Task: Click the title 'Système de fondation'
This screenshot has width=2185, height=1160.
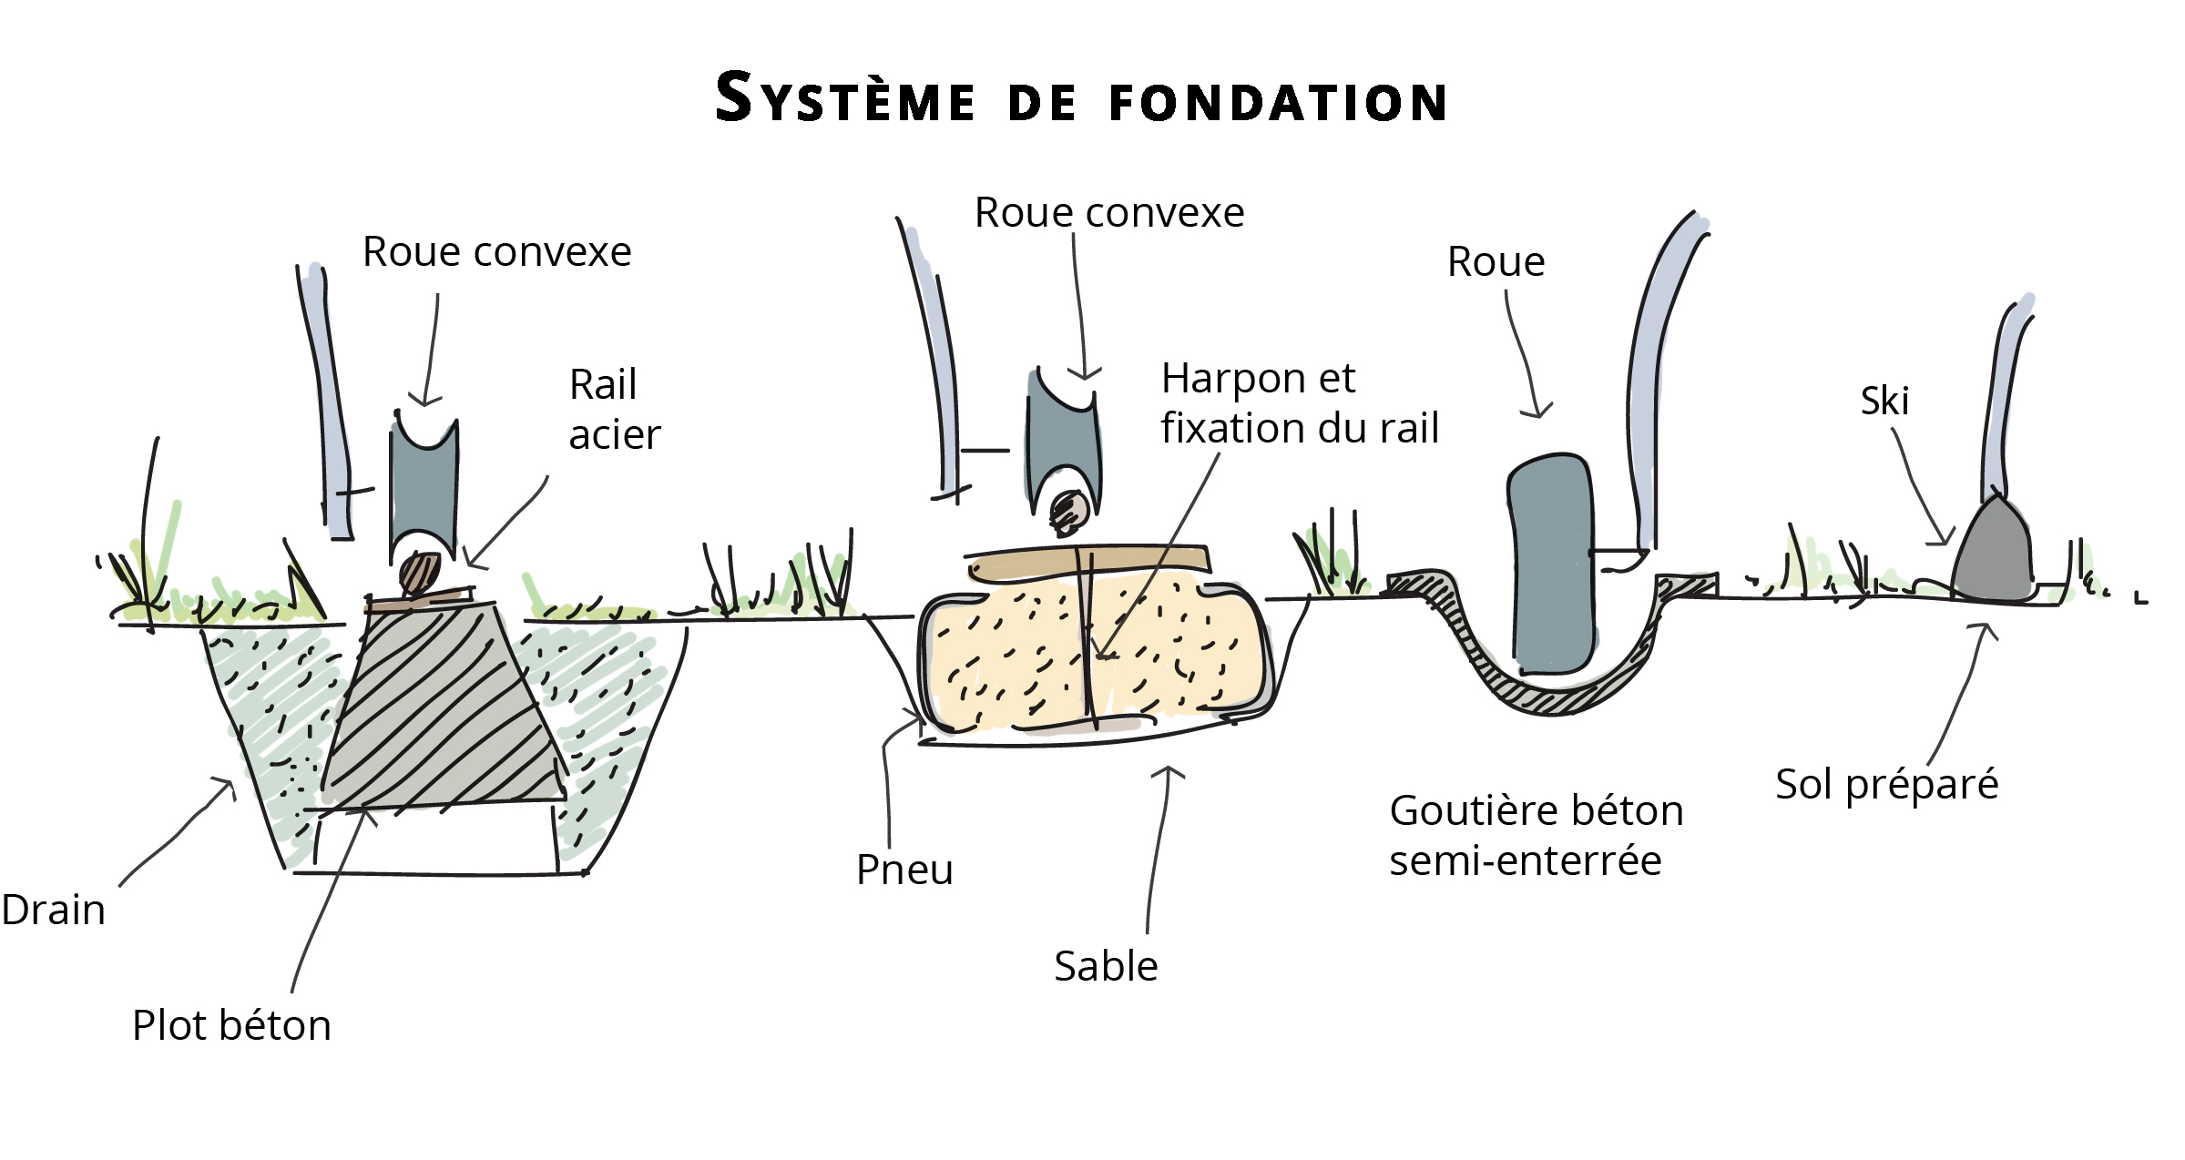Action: tap(1081, 98)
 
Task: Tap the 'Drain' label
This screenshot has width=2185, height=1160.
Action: tap(54, 910)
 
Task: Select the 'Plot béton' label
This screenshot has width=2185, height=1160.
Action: tap(231, 1025)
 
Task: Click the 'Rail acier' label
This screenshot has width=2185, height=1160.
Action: tap(613, 410)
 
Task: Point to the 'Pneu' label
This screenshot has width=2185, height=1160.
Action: tap(904, 870)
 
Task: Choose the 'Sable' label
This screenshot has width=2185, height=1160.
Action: tap(1106, 966)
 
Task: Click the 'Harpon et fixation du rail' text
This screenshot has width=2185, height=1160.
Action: tap(1299, 403)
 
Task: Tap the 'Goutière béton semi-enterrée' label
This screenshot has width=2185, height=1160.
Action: tap(1536, 835)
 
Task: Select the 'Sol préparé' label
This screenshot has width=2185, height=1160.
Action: tap(1886, 784)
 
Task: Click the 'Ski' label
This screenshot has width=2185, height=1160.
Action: tap(1884, 401)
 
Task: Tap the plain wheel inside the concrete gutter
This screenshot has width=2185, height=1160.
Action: tap(1551, 565)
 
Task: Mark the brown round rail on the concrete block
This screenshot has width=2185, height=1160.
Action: tap(420, 573)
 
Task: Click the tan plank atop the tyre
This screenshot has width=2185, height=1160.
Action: tap(1088, 562)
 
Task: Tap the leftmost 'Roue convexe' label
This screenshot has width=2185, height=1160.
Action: tap(496, 252)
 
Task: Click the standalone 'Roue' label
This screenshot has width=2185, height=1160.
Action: tap(1496, 262)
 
